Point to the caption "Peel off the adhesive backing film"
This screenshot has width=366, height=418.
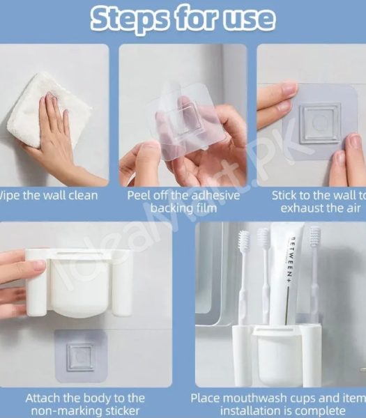[x=183, y=202]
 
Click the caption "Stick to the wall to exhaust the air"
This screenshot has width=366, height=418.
[x=317, y=202]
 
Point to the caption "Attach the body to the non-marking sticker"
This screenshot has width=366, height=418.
[x=85, y=405]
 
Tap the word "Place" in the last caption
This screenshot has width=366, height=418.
[x=207, y=398]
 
